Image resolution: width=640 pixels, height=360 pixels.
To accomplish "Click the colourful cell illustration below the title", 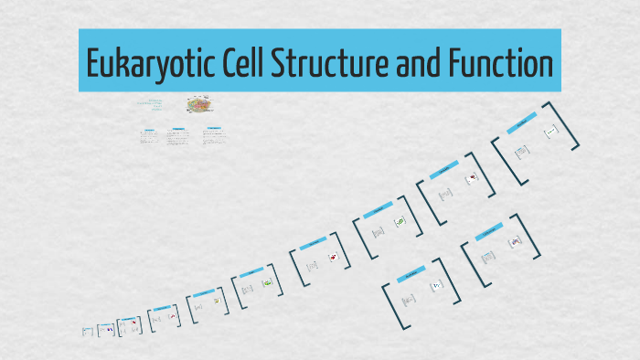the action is (197, 105).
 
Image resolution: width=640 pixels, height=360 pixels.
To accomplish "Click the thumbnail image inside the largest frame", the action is (550, 133).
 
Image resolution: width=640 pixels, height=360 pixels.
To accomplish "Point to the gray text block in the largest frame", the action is (522, 152).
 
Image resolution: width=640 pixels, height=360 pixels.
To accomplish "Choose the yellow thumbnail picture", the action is (217, 300).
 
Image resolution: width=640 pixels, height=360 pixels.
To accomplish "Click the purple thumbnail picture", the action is (515, 241).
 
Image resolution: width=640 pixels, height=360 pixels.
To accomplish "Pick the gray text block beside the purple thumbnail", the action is (487, 257).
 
